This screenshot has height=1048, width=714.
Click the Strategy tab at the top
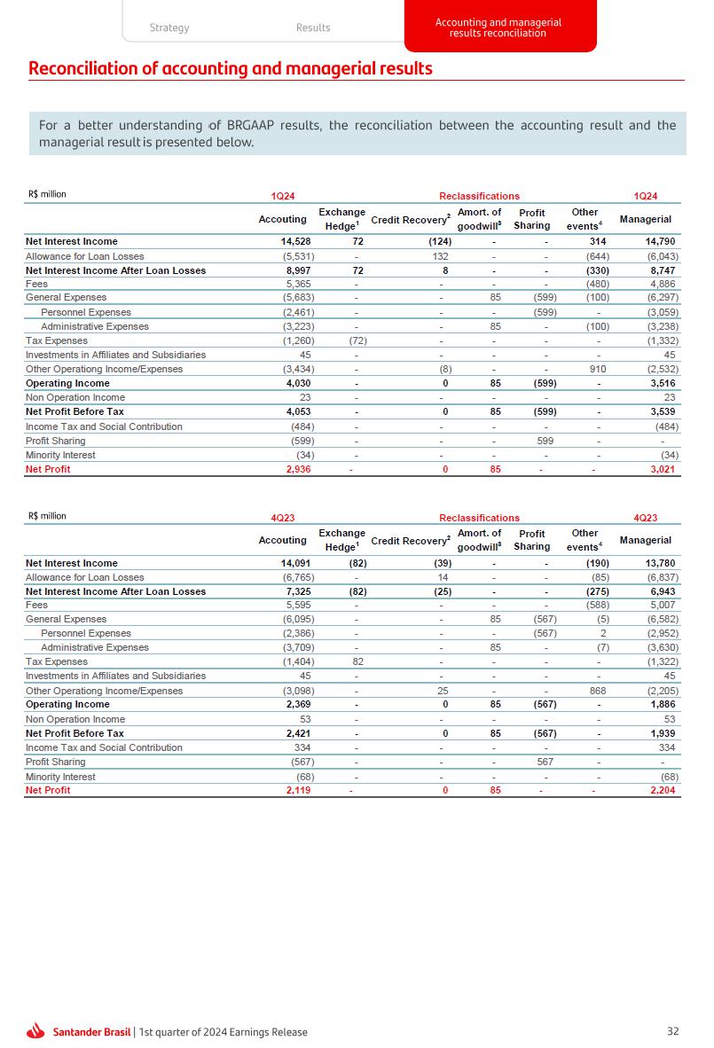(x=169, y=27)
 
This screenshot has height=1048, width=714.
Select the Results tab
(x=313, y=27)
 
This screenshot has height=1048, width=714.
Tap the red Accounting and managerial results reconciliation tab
(x=498, y=27)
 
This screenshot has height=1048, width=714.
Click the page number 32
(x=673, y=1031)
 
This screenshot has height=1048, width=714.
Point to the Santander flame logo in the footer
(x=36, y=1031)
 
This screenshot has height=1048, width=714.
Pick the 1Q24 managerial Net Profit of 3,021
(x=663, y=469)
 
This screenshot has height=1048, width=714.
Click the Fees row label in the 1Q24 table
(x=36, y=284)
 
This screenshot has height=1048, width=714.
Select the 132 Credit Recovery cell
(x=442, y=256)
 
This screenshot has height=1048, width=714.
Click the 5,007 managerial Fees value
(x=662, y=606)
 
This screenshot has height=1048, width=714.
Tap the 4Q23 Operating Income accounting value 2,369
(x=296, y=705)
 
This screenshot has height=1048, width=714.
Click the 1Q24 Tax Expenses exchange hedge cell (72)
(x=356, y=340)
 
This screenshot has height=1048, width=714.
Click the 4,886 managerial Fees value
(x=662, y=284)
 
